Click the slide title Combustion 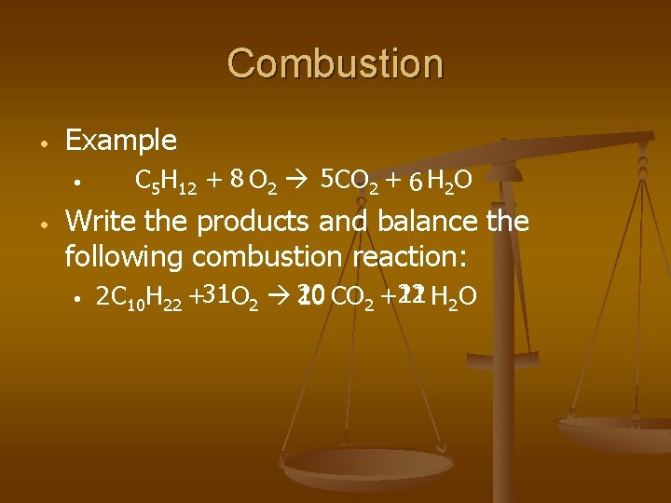pyautogui.click(x=335, y=63)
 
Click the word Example pyautogui.click(x=121, y=141)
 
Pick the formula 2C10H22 pyautogui.click(x=140, y=297)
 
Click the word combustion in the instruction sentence pyautogui.click(x=292, y=255)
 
